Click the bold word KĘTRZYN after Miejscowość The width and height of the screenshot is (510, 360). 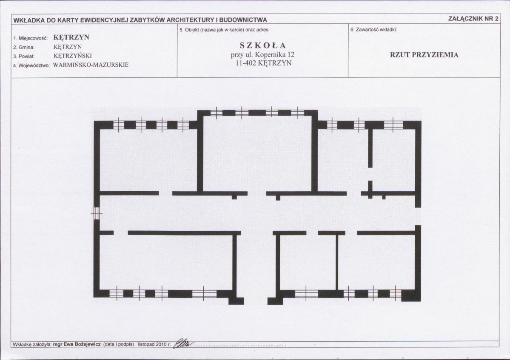pyautogui.click(x=71, y=37)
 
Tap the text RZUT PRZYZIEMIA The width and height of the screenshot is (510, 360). pyautogui.click(x=424, y=55)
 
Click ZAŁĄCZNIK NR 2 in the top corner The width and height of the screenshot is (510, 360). pyautogui.click(x=473, y=19)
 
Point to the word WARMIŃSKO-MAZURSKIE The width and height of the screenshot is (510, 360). pyautogui.click(x=91, y=65)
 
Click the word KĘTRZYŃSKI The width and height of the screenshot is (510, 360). pyautogui.click(x=73, y=56)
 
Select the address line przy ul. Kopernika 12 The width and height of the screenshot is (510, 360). pyautogui.click(x=263, y=54)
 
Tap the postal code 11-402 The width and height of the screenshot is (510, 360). pyautogui.click(x=246, y=63)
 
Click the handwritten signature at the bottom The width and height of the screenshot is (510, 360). pyautogui.click(x=184, y=343)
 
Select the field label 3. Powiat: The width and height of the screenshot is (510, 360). pyautogui.click(x=24, y=56)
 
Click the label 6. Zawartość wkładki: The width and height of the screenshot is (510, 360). pyautogui.click(x=374, y=30)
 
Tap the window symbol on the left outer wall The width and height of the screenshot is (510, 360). pyautogui.click(x=97, y=213)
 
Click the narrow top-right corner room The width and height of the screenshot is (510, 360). pyautogui.click(x=394, y=160)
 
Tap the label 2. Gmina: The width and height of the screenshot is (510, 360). pyautogui.click(x=24, y=47)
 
